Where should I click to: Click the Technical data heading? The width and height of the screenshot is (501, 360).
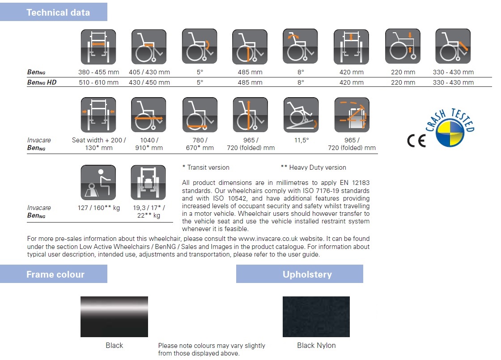[x=58, y=13]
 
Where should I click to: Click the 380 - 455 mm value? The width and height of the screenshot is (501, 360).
[x=98, y=72]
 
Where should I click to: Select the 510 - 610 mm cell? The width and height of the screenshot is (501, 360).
[x=98, y=82]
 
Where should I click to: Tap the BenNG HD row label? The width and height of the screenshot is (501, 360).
[x=42, y=82]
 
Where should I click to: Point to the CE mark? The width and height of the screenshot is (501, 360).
[x=416, y=140]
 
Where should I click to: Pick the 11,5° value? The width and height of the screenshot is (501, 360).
[x=301, y=140]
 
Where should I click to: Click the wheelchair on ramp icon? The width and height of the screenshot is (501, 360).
[x=301, y=115]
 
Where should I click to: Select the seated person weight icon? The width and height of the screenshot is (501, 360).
[x=98, y=183]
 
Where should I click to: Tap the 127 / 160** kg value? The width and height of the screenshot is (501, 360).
[x=99, y=208]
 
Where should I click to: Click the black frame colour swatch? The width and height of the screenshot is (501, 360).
[x=114, y=317]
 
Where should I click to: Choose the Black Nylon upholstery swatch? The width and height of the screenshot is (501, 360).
[x=316, y=317]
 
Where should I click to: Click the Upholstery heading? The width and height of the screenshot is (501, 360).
[x=307, y=274]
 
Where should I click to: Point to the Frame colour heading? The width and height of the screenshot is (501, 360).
[x=55, y=274]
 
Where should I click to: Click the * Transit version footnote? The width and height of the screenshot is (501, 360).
[x=205, y=167]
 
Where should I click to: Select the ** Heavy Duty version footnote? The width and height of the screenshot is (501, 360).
[x=313, y=167]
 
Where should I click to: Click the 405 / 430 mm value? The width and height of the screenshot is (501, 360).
[x=149, y=72]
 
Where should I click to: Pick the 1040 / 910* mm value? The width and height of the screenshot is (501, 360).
[x=149, y=144]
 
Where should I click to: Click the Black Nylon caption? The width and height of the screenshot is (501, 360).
[x=316, y=345]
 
